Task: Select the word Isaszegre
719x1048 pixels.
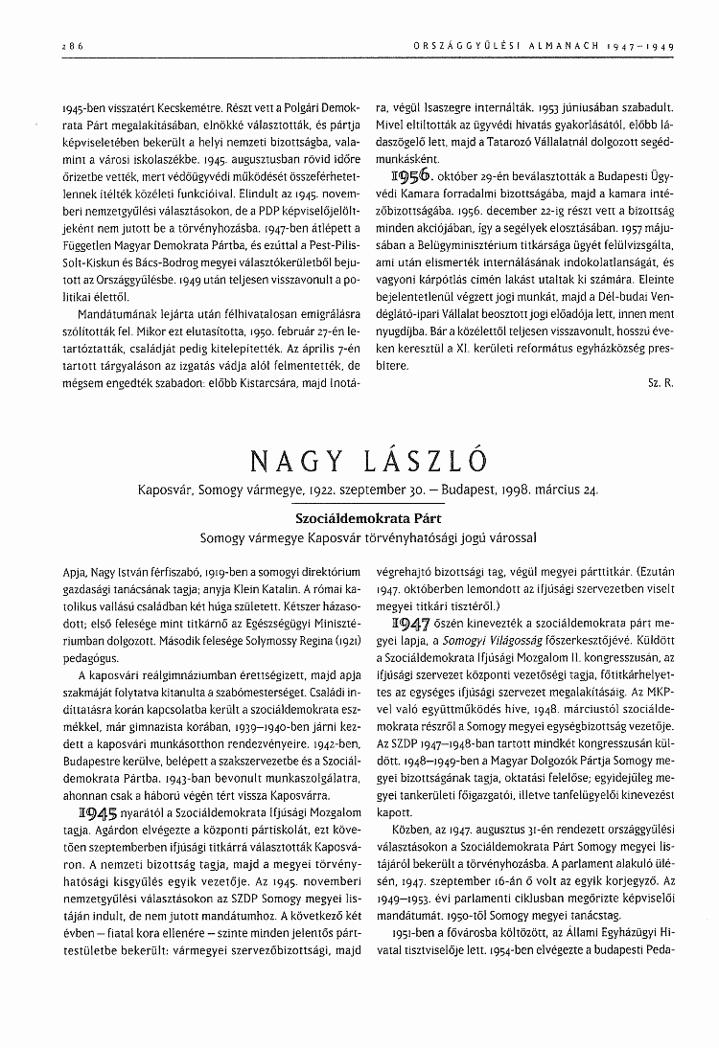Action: [x=456, y=107]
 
